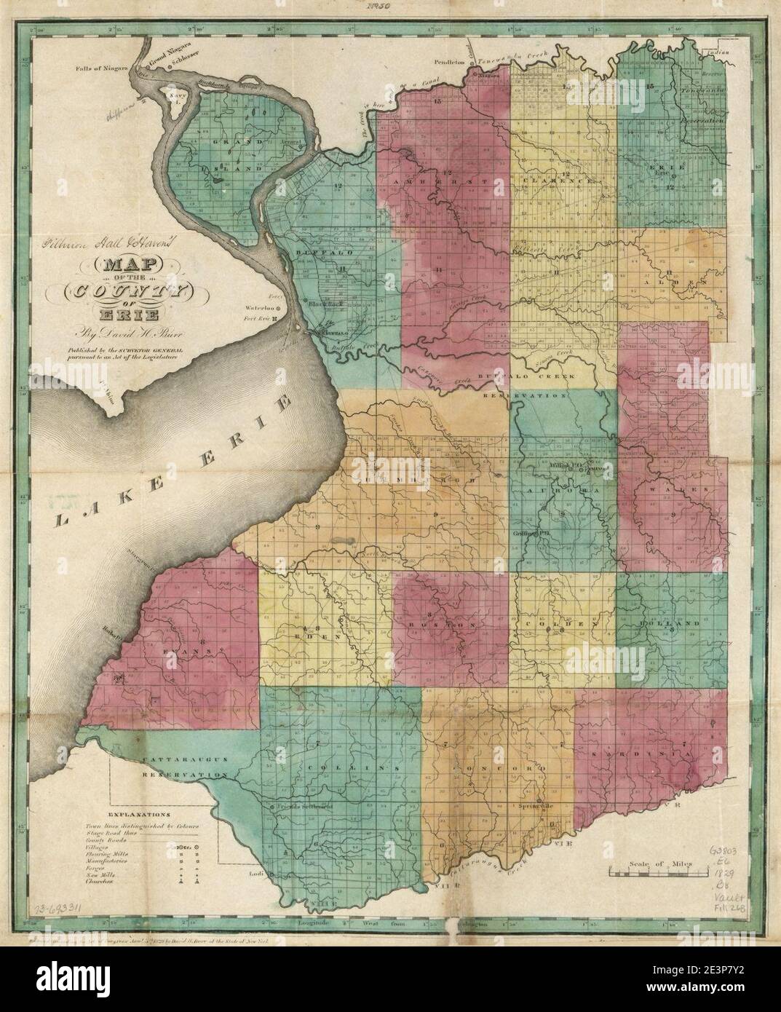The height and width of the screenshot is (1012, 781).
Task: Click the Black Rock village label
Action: pos(325,304)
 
